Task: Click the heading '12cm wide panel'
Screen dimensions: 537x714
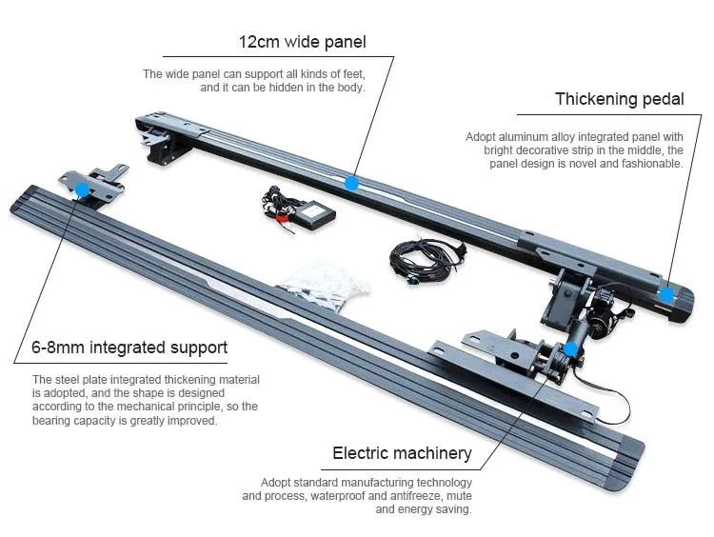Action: (302, 42)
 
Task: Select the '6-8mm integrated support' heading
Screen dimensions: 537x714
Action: (129, 348)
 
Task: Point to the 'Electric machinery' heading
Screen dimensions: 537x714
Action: (402, 453)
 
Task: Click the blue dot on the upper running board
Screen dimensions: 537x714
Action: (351, 182)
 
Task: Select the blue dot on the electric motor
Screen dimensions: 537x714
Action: (569, 348)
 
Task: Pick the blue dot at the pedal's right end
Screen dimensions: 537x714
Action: (668, 293)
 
